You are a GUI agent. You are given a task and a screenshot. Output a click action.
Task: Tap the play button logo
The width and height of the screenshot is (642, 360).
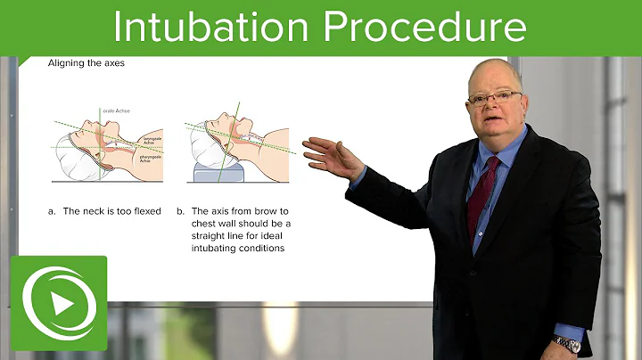click(59, 303)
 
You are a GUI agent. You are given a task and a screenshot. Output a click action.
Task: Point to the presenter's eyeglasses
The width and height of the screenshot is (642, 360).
click(493, 96)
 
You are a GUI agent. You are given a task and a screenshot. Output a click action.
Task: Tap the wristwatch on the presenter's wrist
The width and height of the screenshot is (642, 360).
click(566, 342)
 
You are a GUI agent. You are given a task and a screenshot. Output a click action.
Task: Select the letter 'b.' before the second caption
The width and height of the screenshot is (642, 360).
click(180, 211)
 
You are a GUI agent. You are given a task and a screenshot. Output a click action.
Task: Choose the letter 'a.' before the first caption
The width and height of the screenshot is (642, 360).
click(51, 211)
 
